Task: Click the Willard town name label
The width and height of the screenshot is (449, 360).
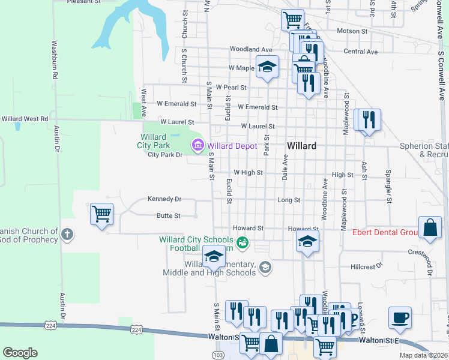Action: (301, 146)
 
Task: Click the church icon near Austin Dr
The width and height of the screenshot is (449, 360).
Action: (67, 235)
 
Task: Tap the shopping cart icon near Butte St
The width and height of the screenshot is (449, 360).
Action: (101, 214)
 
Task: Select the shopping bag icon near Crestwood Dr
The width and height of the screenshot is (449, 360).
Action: (430, 228)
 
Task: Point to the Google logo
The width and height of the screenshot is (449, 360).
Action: (20, 353)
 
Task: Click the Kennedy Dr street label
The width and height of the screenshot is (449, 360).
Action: (164, 199)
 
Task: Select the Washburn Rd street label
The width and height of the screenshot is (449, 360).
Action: (54, 60)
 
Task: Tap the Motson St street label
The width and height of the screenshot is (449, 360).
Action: (352, 31)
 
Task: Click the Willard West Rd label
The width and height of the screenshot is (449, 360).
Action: (24, 119)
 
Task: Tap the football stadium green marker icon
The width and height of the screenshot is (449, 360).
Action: (243, 243)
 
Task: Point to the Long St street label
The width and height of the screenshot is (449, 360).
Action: (288, 199)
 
